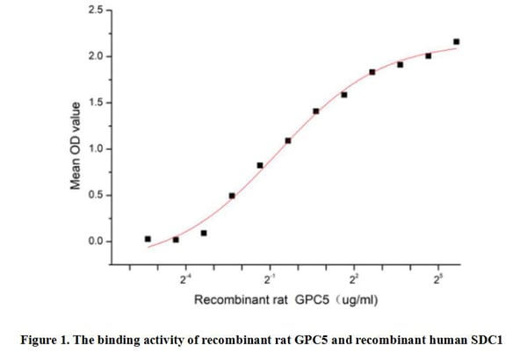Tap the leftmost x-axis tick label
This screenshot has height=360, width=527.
184,279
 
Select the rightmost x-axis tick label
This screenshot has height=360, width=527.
438,279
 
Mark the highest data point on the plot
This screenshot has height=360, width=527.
456,41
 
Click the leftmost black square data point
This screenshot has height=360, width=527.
148,239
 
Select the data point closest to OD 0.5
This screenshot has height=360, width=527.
232,196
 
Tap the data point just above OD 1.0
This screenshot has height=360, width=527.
288,140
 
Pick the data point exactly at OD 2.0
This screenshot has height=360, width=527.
428,55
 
